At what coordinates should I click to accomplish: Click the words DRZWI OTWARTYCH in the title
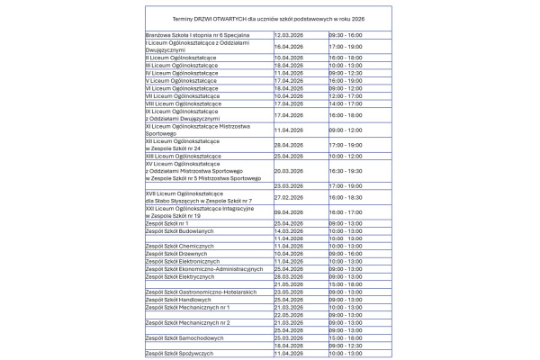(201, 19)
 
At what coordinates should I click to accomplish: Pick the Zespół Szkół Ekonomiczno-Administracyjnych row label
(197, 269)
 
